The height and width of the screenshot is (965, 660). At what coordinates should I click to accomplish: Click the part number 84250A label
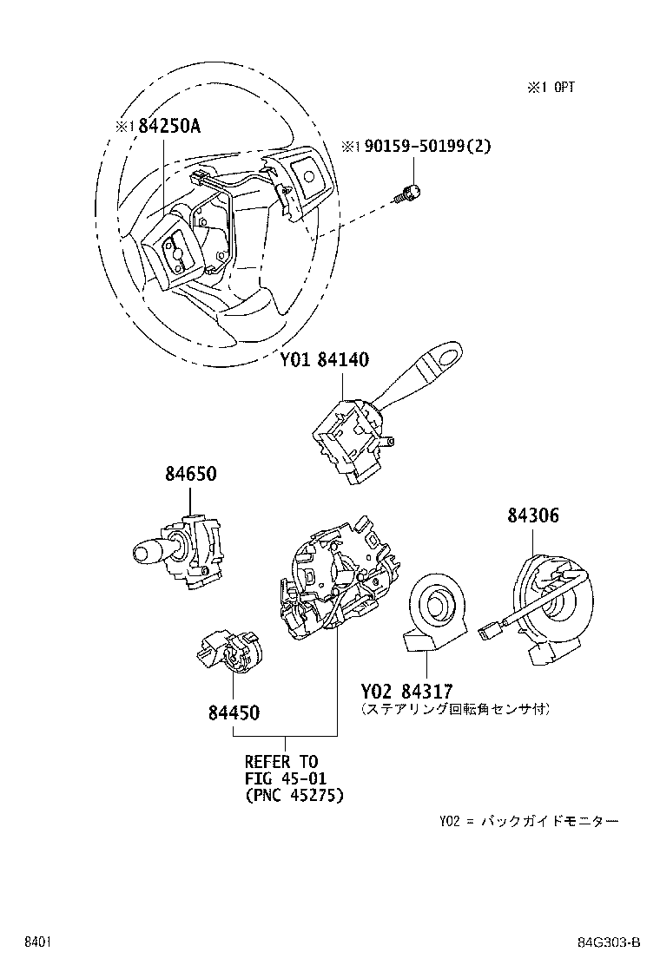pyautogui.click(x=157, y=126)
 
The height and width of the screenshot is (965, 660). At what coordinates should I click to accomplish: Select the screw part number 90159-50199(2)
pyautogui.click(x=416, y=147)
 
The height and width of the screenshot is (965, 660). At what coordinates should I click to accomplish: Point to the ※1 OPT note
pyautogui.click(x=550, y=87)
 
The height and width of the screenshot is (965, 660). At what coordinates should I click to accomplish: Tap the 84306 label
pyautogui.click(x=533, y=515)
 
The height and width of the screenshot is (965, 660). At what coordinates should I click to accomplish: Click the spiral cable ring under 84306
pyautogui.click(x=547, y=607)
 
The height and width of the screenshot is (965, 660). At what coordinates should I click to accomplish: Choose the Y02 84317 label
pyautogui.click(x=406, y=692)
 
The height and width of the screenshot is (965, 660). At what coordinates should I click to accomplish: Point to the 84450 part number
pyautogui.click(x=234, y=712)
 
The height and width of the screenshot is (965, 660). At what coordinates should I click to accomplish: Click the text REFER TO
pyautogui.click(x=281, y=761)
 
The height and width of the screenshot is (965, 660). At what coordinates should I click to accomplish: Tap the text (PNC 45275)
pyautogui.click(x=294, y=794)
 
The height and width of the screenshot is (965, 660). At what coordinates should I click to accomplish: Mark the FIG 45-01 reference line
pyautogui.click(x=283, y=778)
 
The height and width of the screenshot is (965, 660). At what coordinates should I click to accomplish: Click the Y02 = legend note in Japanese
pyautogui.click(x=529, y=821)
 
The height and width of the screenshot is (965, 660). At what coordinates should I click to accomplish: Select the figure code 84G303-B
pyautogui.click(x=610, y=942)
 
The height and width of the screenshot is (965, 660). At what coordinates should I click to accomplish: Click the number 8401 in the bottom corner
pyautogui.click(x=36, y=942)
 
